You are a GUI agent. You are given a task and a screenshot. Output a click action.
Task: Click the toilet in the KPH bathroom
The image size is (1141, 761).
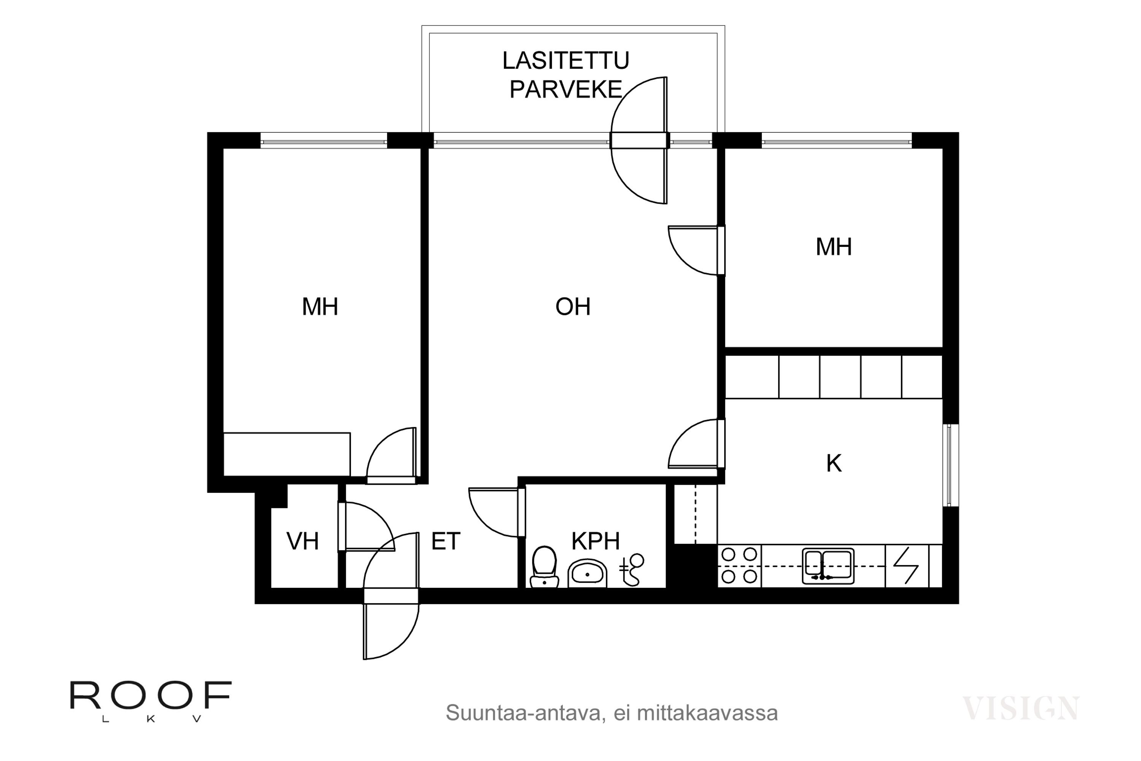pyautogui.click(x=544, y=567)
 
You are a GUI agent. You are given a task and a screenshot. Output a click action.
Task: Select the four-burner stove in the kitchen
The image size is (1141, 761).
pyautogui.click(x=739, y=565)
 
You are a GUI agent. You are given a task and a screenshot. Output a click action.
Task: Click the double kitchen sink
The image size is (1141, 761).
pyautogui.click(x=828, y=566)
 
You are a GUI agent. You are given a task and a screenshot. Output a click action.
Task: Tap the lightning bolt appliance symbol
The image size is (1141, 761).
pyautogui.click(x=906, y=566)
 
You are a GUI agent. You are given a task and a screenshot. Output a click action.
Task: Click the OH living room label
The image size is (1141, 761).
pyautogui.click(x=573, y=307)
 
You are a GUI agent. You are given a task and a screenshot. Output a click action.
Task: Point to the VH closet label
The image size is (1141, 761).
pyautogui.click(x=302, y=541)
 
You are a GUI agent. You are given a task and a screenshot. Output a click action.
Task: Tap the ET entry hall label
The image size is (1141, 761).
pyautogui.click(x=445, y=541)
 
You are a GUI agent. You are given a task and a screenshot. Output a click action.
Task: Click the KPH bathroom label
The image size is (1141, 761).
pyautogui.click(x=595, y=541)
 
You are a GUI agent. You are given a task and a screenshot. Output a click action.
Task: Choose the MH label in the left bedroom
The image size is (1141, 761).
pyautogui.click(x=320, y=307)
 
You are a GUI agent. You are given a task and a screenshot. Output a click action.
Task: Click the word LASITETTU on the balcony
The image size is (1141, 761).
pyautogui.click(x=566, y=60)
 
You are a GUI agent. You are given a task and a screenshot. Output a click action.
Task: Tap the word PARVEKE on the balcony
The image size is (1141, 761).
pyautogui.click(x=566, y=90)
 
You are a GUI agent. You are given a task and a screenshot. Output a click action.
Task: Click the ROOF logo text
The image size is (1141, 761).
pyautogui.click(x=151, y=696)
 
